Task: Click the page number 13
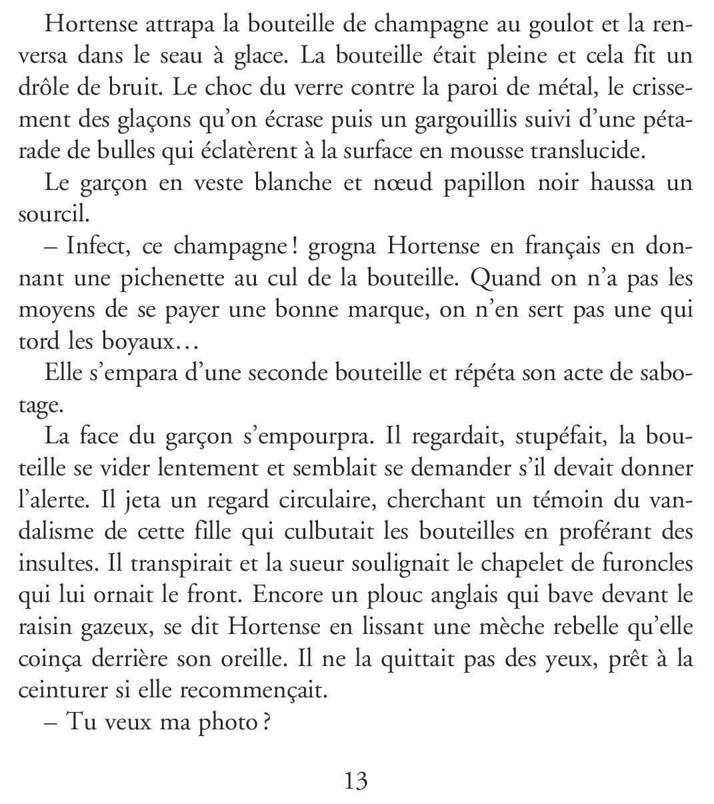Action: click(x=356, y=781)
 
